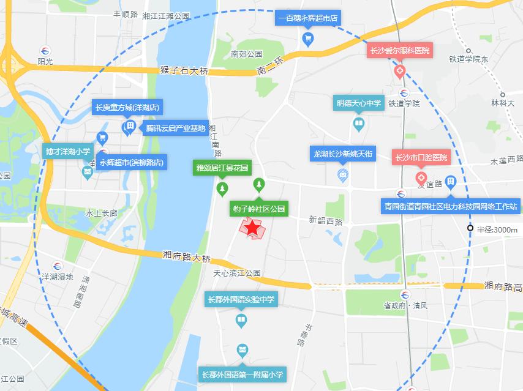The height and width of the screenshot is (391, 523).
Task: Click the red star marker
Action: click(x=252, y=228)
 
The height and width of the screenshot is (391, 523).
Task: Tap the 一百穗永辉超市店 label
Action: click(x=308, y=18)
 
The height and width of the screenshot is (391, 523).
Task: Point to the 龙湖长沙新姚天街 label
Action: click(x=343, y=154)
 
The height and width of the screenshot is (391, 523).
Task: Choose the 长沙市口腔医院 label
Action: click(x=421, y=158)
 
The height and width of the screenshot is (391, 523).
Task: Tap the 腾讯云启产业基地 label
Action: click(x=175, y=128)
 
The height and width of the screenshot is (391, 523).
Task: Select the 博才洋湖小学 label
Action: click(x=67, y=151)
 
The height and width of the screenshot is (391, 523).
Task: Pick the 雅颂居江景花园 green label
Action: click(x=222, y=167)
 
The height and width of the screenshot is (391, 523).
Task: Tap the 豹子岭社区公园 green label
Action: click(x=259, y=209)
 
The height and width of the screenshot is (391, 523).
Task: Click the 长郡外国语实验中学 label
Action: click(x=241, y=300)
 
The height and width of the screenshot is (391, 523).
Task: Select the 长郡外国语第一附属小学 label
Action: click(x=243, y=374)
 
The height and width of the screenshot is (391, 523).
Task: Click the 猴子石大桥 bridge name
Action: click(x=184, y=70)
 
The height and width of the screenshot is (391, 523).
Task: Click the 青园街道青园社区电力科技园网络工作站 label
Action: click(x=450, y=206)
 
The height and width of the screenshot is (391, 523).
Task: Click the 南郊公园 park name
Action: click(x=247, y=54)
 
